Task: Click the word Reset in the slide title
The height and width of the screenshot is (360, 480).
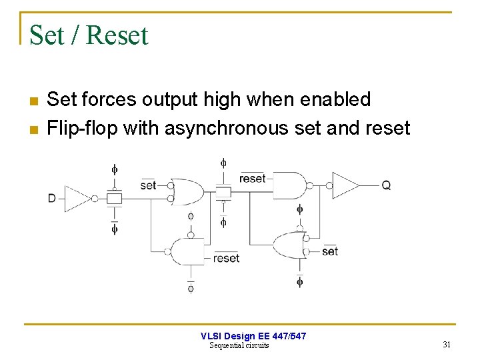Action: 117,35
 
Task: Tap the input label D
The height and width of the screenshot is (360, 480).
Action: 52,198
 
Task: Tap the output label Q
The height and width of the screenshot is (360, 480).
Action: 386,185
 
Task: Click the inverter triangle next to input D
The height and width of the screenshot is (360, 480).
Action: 78,198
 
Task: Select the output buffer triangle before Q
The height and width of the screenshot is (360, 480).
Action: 345,185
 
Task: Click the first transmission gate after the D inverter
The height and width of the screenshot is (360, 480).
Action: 115,198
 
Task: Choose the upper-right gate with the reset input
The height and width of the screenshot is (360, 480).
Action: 291,185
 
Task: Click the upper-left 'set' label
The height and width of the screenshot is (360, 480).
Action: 148,185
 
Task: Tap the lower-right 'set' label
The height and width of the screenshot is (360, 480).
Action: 330,251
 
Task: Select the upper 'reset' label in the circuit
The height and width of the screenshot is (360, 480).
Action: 252,179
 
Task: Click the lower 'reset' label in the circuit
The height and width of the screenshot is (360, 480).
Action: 226,258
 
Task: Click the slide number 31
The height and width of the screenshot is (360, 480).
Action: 447,345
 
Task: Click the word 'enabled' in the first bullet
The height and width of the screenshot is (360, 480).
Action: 335,99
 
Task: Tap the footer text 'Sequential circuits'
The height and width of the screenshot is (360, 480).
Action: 239,345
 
